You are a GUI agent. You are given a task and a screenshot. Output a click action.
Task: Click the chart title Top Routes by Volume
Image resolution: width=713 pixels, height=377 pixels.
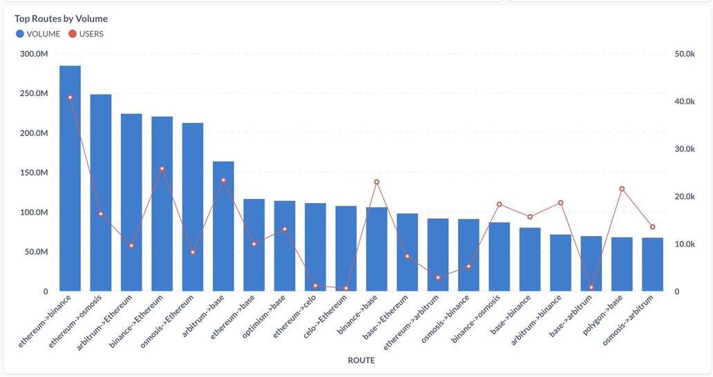(x=61, y=19)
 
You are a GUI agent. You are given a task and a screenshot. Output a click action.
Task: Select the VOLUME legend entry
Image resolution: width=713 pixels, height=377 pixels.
(x=43, y=34)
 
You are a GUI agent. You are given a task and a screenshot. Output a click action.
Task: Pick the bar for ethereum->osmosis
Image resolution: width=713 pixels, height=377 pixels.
(x=101, y=193)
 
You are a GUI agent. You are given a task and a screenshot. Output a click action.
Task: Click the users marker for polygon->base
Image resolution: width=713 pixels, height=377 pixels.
(x=622, y=188)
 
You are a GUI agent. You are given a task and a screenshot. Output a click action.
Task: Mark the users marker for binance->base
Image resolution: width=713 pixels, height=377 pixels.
(x=377, y=182)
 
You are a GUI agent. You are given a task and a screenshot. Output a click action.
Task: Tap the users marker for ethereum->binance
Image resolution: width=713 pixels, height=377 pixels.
(x=70, y=97)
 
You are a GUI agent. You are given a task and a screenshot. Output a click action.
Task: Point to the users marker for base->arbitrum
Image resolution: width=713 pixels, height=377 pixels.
(x=591, y=287)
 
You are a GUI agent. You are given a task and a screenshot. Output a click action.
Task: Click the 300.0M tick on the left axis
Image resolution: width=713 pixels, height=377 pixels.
(x=34, y=54)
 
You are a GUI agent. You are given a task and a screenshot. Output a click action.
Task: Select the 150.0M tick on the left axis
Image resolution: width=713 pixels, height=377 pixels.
(x=34, y=173)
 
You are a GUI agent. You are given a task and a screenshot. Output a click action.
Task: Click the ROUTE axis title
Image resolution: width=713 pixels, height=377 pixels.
(x=361, y=360)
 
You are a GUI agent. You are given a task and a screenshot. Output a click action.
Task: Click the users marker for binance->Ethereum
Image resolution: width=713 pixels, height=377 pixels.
(x=162, y=168)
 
